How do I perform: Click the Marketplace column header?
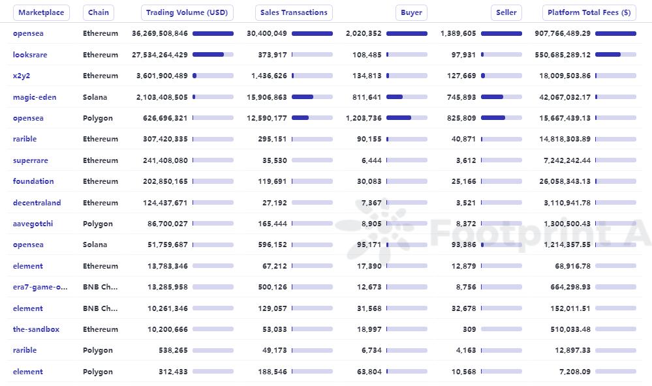click(41, 12)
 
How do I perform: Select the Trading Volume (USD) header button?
click(187, 12)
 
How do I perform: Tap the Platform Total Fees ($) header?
click(589, 12)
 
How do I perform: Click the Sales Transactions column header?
click(294, 12)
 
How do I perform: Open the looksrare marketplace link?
click(30, 55)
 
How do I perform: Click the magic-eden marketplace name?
click(35, 97)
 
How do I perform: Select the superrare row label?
click(31, 160)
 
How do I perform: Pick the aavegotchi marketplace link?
click(33, 224)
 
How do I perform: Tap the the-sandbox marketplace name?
click(36, 329)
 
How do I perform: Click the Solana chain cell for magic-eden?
click(97, 97)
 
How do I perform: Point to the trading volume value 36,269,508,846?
click(160, 33)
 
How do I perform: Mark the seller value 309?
click(469, 329)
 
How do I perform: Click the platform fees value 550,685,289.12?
click(563, 55)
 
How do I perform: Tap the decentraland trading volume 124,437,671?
click(165, 203)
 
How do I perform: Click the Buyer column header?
click(411, 12)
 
